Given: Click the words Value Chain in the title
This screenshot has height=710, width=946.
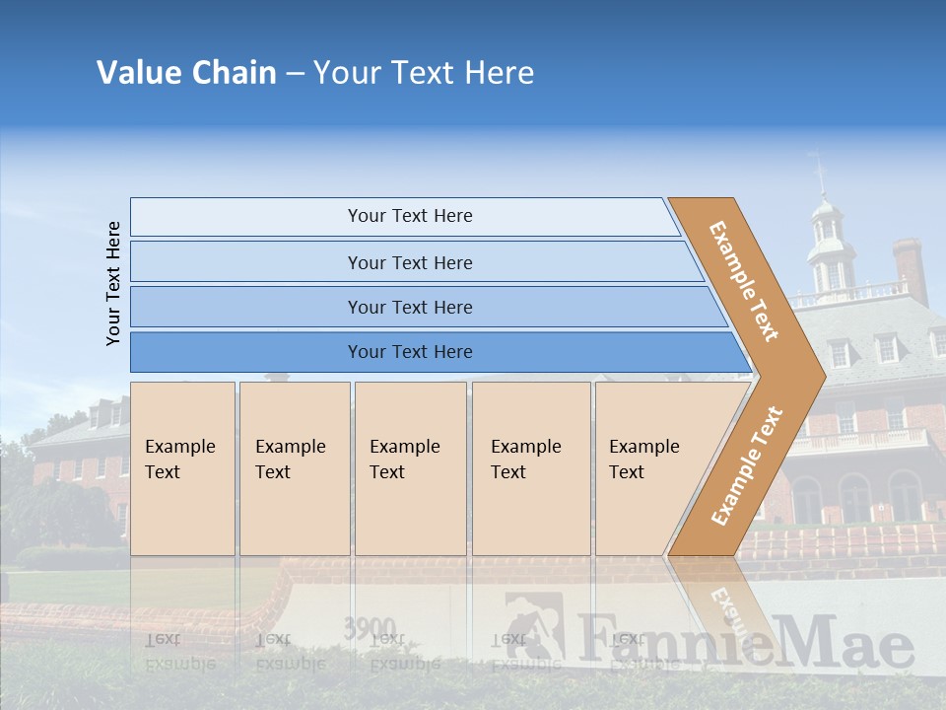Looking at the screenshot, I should coord(186,73).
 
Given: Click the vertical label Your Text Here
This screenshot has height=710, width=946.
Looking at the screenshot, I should coord(113,283).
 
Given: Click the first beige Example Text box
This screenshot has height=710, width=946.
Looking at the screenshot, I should coord(182,468).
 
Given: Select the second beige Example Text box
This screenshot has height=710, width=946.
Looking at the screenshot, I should coord(294,468).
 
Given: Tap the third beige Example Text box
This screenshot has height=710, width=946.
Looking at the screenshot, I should coord(410,468).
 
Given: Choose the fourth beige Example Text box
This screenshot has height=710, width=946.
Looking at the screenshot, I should coord(531,468).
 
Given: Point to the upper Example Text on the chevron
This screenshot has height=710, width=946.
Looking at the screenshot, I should coord(745,280).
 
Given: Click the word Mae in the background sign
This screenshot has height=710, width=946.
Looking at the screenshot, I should coord(856,645).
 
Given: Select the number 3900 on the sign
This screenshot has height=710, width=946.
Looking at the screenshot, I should coord(370,628).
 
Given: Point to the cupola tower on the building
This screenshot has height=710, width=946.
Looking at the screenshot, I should coord(829,242).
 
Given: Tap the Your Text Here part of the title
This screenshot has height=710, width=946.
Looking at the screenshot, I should coord(424,73).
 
